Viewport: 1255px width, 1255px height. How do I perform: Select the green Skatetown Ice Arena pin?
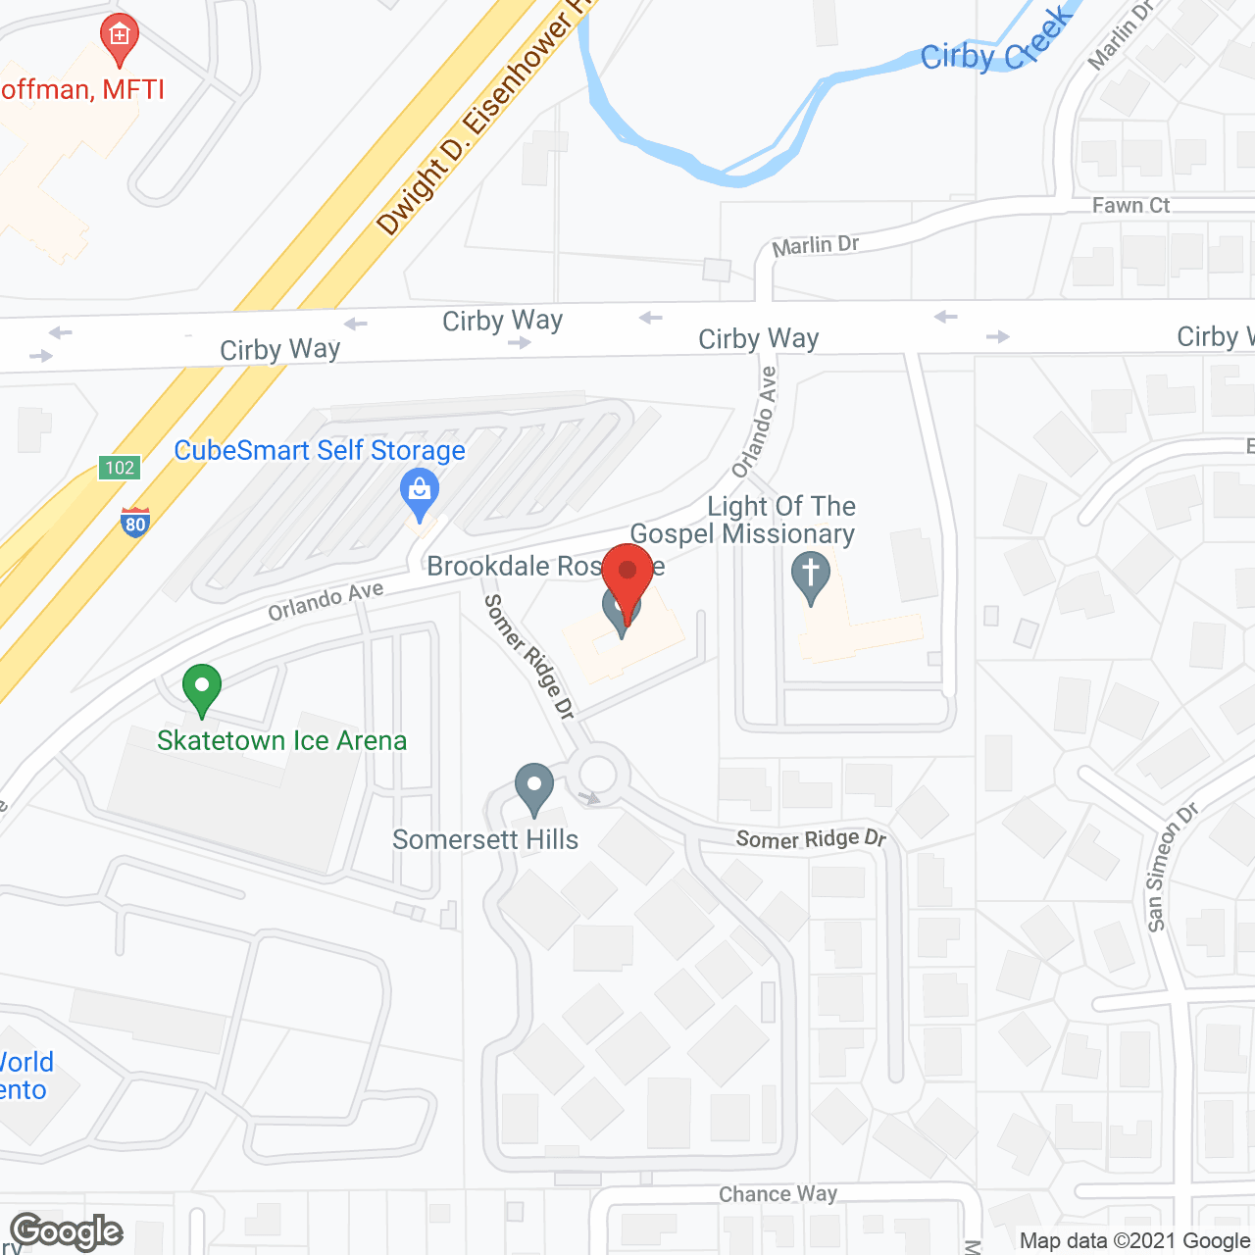click(x=202, y=687)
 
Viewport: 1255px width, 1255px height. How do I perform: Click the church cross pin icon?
click(x=810, y=577)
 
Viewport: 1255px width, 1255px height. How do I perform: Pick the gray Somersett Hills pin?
click(x=534, y=787)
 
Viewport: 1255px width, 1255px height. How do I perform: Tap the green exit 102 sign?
click(x=120, y=468)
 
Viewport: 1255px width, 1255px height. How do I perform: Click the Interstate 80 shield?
click(x=135, y=522)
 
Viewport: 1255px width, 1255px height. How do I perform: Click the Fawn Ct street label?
click(x=1130, y=206)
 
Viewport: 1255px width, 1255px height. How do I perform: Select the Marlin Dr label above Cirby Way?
click(x=815, y=246)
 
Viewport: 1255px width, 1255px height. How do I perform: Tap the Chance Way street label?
click(x=778, y=1194)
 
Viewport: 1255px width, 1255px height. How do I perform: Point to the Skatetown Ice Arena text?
click(x=281, y=740)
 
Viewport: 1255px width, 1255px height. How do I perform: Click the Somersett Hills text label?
click(x=485, y=840)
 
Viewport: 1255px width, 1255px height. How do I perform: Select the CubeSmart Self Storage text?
click(x=320, y=451)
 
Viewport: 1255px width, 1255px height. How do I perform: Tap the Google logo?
click(x=67, y=1231)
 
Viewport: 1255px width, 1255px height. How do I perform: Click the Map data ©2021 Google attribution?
click(x=1135, y=1241)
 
